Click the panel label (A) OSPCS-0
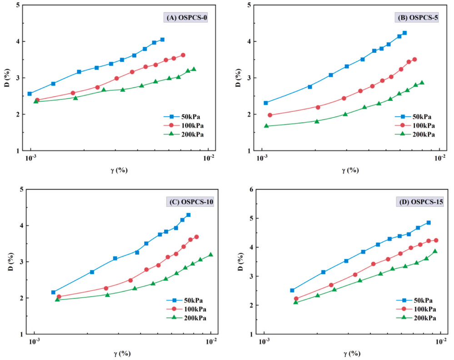(185, 18)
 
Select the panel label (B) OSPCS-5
(416, 18)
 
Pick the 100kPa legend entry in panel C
(185, 309)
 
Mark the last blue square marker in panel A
(162, 40)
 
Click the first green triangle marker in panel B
(266, 126)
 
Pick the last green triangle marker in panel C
(210, 255)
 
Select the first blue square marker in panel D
(292, 290)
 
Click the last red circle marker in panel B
(414, 60)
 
